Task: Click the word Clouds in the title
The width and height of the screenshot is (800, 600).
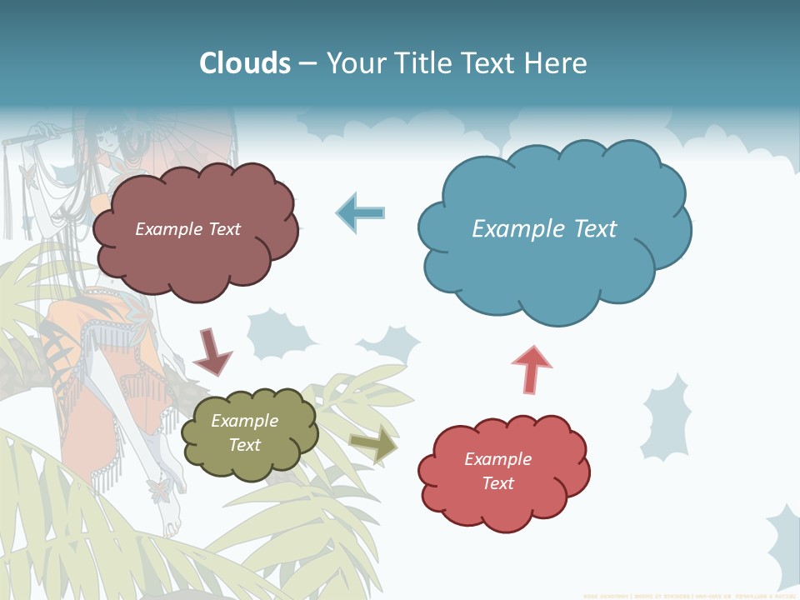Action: [x=245, y=62]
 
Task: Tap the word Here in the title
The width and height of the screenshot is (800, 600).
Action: [x=556, y=62]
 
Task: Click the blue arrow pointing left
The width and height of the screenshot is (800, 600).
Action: [x=361, y=212]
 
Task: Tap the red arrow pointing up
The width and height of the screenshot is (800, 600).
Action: [x=531, y=368]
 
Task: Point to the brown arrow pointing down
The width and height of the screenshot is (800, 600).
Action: [x=211, y=351]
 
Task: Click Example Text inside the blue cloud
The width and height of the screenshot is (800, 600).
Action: [x=544, y=229]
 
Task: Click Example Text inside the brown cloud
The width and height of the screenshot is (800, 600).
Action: [x=187, y=229]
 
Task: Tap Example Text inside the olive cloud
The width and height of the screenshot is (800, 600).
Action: [x=244, y=432]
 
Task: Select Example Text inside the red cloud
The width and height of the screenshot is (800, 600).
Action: [x=497, y=471]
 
